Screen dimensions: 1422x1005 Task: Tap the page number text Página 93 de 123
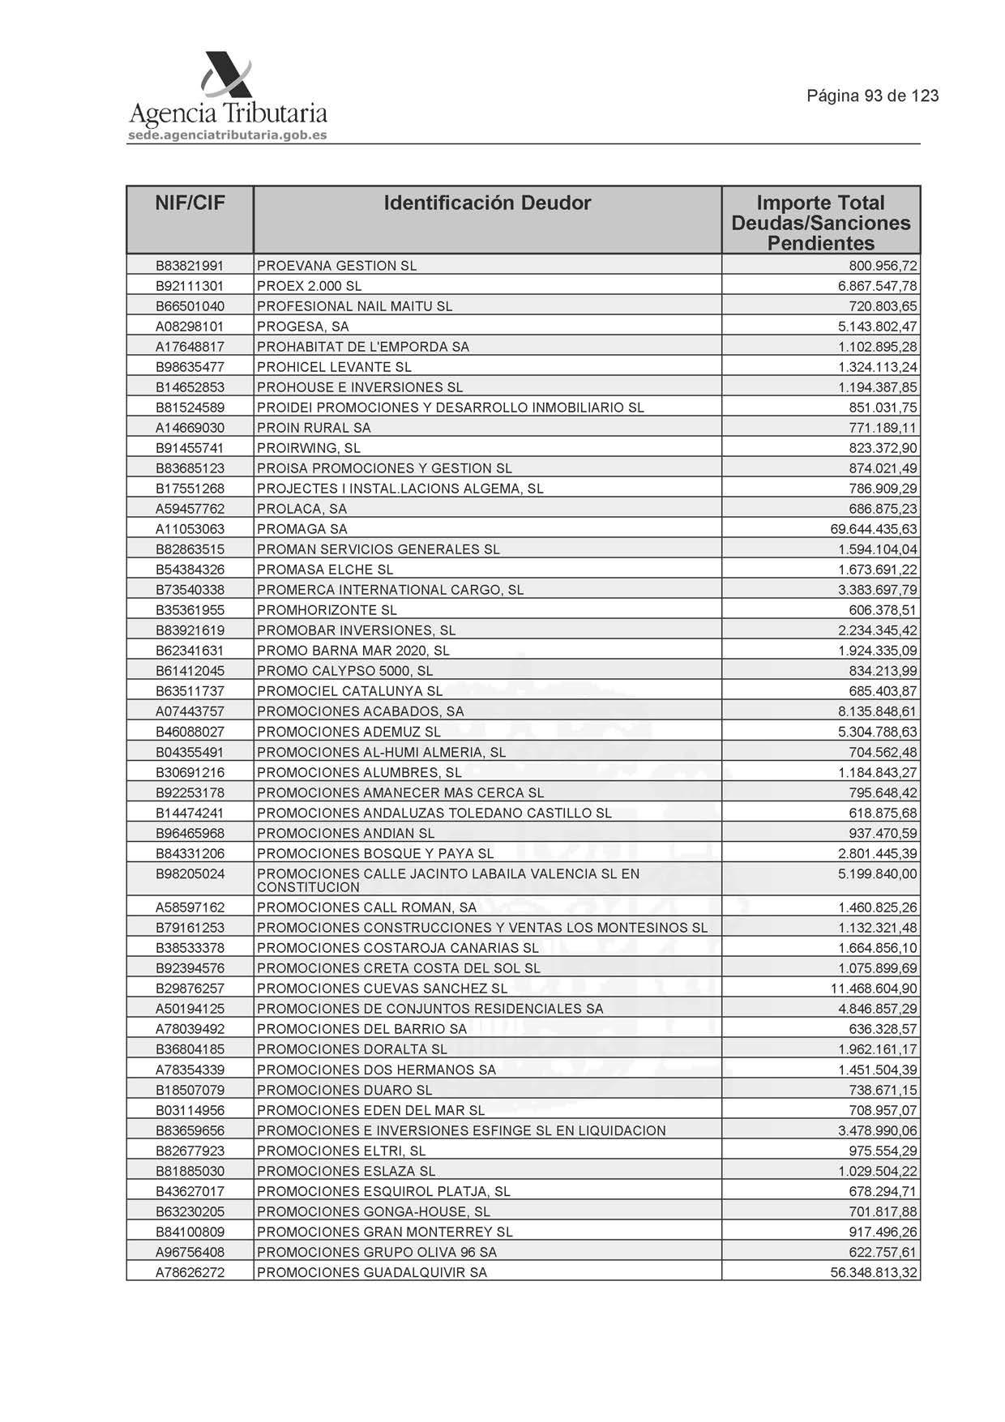point(872,96)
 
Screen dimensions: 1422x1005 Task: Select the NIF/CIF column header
point(190,203)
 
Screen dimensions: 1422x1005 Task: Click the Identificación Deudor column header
point(487,203)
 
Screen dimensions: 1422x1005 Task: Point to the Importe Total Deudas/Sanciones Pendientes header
point(820,223)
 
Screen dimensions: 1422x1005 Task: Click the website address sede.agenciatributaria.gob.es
point(228,135)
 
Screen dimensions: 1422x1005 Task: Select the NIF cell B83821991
point(190,266)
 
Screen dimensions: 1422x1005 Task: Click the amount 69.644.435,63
point(868,529)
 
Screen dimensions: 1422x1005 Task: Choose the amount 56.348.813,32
point(873,1273)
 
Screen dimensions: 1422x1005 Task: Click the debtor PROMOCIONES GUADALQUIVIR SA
point(372,1273)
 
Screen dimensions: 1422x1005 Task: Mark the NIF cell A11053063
point(190,529)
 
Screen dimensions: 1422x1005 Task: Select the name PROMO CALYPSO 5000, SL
point(344,671)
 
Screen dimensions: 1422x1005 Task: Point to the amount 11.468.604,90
point(873,989)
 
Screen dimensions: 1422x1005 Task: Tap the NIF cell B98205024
point(190,874)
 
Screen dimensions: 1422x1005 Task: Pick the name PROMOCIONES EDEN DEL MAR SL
point(370,1110)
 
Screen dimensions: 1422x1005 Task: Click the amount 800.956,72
point(883,266)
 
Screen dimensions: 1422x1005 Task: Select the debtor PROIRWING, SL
point(308,448)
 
